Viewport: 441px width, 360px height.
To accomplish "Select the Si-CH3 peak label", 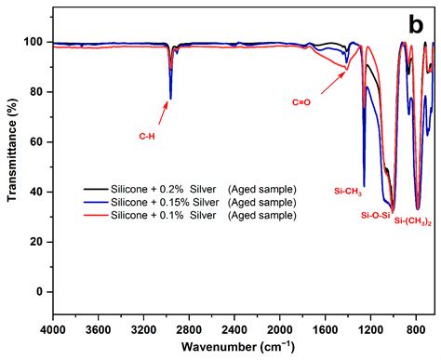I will point(347,192).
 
